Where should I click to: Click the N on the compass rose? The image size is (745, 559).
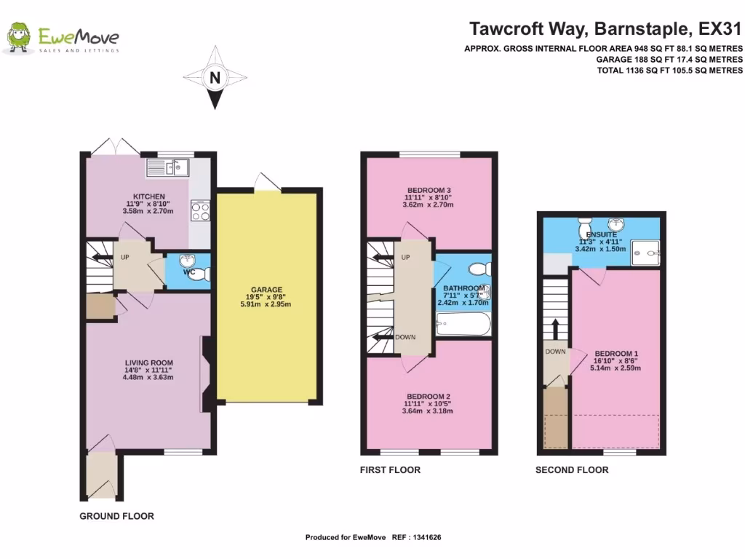click(x=214, y=77)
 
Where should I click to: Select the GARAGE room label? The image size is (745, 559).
click(x=268, y=289)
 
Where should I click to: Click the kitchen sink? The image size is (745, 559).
click(x=177, y=168)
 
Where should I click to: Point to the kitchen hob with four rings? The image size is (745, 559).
click(x=200, y=211)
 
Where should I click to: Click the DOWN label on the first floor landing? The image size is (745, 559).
click(x=405, y=338)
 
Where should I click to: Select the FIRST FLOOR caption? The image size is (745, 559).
click(x=390, y=470)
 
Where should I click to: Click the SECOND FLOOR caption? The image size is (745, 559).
click(x=572, y=470)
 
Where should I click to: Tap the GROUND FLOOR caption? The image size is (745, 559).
click(x=116, y=516)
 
